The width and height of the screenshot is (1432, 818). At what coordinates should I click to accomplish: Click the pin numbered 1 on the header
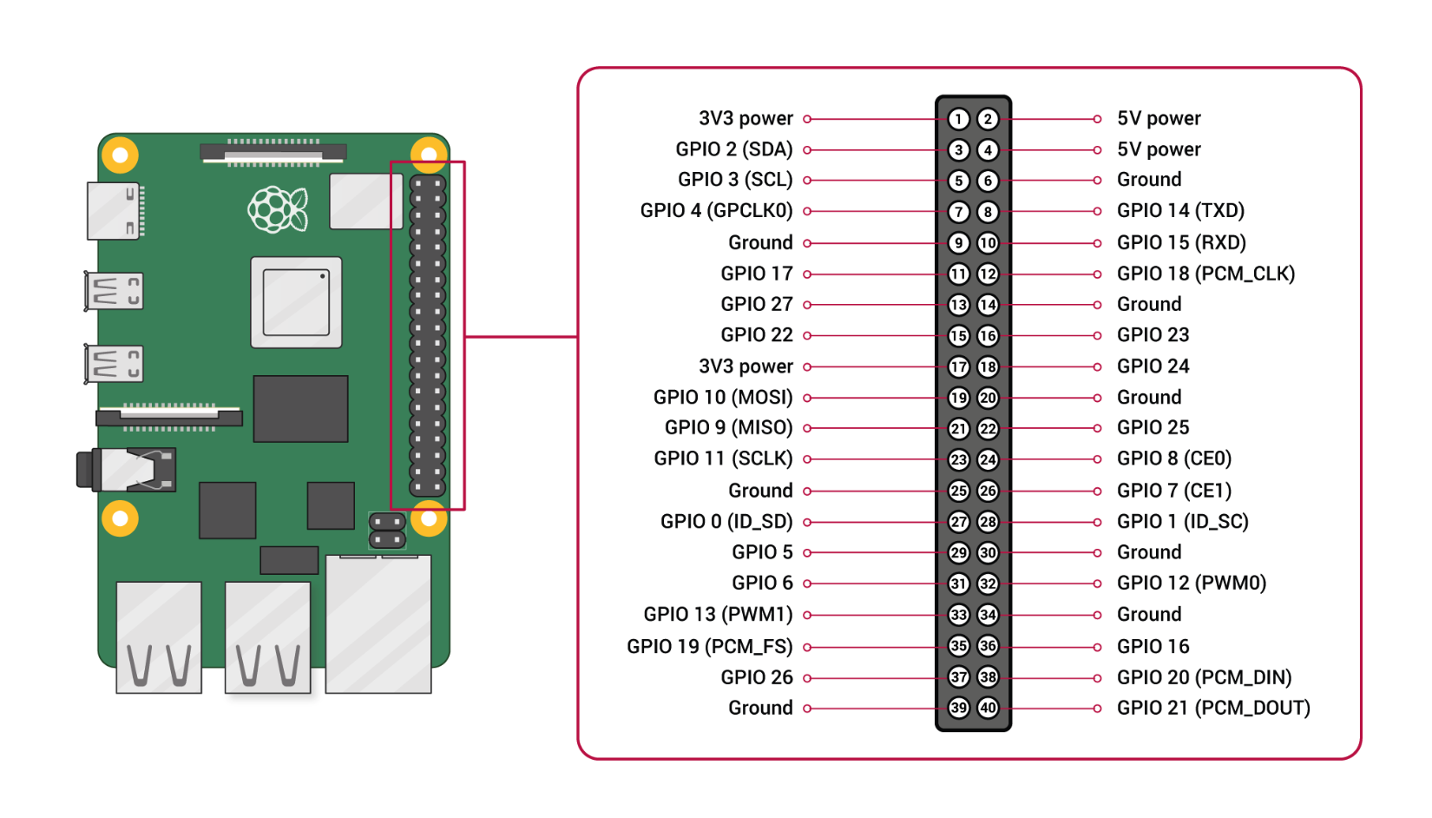[958, 119]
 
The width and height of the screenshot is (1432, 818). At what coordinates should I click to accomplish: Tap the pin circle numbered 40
[988, 708]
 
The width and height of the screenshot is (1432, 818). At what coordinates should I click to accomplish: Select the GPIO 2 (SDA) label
[733, 149]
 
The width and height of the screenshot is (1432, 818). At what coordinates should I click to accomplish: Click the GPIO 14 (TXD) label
[1180, 211]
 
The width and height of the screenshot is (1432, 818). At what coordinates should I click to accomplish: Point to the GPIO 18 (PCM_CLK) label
[1205, 274]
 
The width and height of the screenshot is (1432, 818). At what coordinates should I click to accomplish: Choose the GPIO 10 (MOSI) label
[723, 398]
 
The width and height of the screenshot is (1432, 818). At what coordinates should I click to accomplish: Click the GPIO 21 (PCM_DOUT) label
[1213, 708]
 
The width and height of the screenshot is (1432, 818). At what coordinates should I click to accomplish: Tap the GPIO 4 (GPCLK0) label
[716, 211]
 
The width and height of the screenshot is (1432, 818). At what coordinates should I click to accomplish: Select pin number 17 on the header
[958, 366]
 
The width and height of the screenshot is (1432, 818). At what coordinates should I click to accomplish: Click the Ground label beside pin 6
[1149, 180]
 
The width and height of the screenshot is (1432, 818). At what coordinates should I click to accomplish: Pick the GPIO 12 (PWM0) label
[1191, 584]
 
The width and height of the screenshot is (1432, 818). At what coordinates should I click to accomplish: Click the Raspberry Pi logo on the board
[278, 209]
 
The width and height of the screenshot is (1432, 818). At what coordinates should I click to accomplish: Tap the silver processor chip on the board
[296, 302]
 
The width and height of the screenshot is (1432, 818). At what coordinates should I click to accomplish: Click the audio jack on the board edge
[128, 470]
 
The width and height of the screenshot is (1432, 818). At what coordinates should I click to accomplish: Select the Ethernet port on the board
[378, 623]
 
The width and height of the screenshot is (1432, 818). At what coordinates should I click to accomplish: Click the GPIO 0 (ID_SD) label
[726, 522]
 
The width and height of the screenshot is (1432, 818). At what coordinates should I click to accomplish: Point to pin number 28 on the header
[988, 522]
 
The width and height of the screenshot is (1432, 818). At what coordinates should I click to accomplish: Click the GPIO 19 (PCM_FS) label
[709, 647]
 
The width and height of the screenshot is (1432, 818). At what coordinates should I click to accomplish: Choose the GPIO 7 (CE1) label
[1174, 491]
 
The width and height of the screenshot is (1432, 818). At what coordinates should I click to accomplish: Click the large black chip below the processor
[300, 408]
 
